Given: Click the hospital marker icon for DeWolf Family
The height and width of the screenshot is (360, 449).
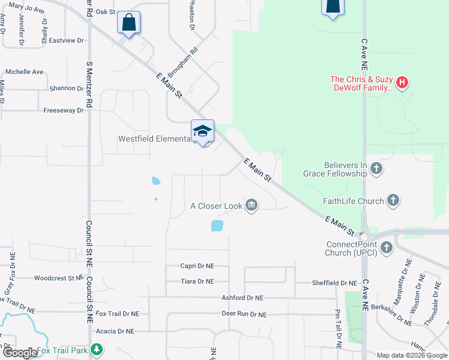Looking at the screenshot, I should pyautogui.click(x=403, y=82).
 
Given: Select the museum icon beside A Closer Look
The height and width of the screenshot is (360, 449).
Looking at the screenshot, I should pyautogui.click(x=252, y=206).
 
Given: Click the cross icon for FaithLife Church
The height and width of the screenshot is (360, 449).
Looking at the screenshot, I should pyautogui.click(x=393, y=201).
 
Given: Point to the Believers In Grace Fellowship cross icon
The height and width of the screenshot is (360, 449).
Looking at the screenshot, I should pyautogui.click(x=376, y=167).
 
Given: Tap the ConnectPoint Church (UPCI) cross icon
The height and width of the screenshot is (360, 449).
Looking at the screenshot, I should pyautogui.click(x=387, y=247).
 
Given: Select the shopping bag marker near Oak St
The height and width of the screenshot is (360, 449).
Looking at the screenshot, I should pyautogui.click(x=128, y=23).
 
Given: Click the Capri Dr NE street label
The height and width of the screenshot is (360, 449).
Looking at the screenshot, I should pyautogui.click(x=197, y=266).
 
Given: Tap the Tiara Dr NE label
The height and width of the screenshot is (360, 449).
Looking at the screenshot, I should pyautogui.click(x=197, y=281).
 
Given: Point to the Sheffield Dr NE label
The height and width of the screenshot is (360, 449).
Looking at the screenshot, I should pyautogui.click(x=334, y=283).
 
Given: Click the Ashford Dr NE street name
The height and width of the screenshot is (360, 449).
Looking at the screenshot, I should pyautogui.click(x=242, y=298).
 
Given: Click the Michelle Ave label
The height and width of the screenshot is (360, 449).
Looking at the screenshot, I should pyautogui.click(x=25, y=72).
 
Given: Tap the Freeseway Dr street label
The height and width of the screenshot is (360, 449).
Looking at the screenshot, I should pyautogui.click(x=64, y=110).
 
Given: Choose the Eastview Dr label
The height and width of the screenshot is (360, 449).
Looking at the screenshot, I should pyautogui.click(x=66, y=41).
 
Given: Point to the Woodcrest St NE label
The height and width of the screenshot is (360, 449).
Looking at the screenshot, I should pyautogui.click(x=58, y=278).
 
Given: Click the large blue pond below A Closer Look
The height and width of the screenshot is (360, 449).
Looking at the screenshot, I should pyautogui.click(x=217, y=226).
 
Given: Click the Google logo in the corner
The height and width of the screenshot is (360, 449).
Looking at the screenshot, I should pyautogui.click(x=20, y=353).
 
